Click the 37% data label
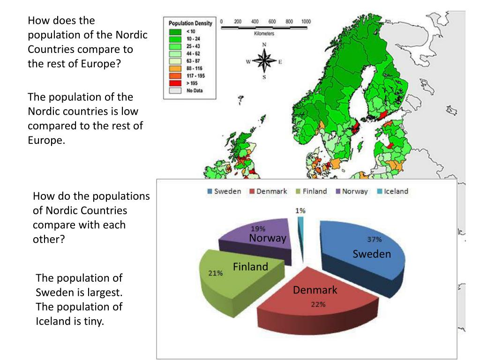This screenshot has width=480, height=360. click(x=374, y=240)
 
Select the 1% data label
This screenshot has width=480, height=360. click(x=300, y=211)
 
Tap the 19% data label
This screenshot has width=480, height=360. click(x=258, y=229)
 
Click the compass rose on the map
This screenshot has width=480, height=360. click(x=264, y=61)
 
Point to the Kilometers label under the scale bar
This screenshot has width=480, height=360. click(x=265, y=34)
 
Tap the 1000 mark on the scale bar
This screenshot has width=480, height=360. click(x=306, y=22)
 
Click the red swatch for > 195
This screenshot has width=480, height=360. click(x=175, y=83)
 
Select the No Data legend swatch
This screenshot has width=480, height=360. click(x=175, y=91)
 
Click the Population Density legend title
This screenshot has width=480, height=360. click(x=190, y=23)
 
